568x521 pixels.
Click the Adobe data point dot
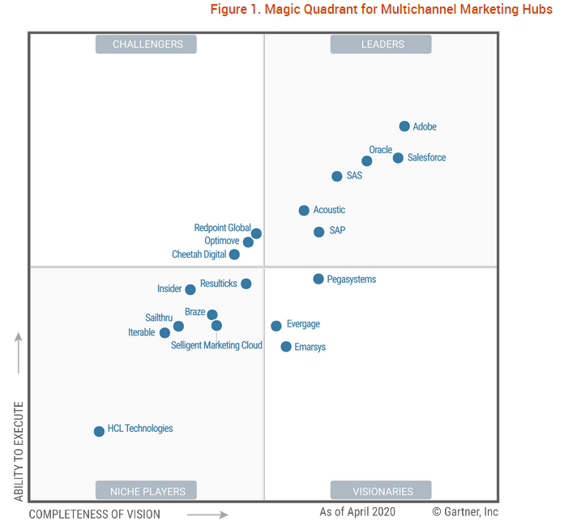[404, 126]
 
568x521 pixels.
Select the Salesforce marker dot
[398, 157]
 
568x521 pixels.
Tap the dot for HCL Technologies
[99, 431]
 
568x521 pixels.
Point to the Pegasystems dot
[318, 279]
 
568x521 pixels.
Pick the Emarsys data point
[286, 347]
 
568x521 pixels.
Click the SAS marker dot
[337, 176]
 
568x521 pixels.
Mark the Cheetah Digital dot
[234, 254]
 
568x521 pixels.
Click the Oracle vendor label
[380, 150]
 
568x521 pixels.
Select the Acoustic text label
[329, 211]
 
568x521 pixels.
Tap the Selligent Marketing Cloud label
[216, 345]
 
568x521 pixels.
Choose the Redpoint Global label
[222, 228]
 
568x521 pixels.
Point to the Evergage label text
[303, 324]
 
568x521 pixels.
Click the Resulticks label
[219, 284]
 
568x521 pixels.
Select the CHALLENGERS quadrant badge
[147, 44]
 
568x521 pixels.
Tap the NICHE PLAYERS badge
[147, 491]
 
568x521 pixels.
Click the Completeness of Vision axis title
[95, 514]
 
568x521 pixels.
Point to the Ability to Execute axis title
[19, 451]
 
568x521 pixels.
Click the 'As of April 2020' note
[357, 512]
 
